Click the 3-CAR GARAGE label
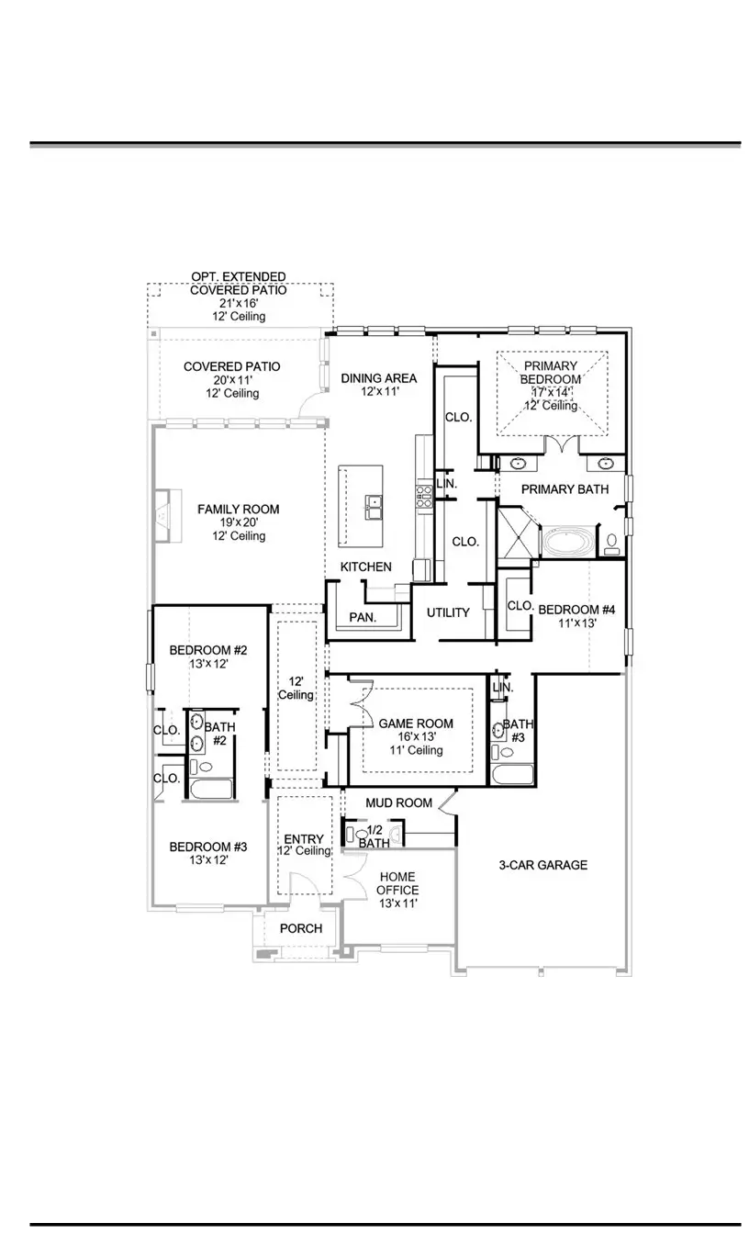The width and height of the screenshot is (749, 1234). point(543,865)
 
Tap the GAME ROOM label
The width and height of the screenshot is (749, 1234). point(417,724)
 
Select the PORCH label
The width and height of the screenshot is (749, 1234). point(301,928)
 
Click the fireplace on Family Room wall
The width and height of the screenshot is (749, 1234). point(162,518)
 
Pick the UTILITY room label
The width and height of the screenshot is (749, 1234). point(448,612)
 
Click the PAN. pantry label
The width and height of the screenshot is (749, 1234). point(363,618)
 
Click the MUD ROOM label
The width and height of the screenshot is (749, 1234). point(398,802)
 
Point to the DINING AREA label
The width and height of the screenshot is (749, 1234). point(379,377)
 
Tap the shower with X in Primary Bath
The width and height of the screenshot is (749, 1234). point(515,533)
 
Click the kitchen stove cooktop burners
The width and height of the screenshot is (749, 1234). point(425,497)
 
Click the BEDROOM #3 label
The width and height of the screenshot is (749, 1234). point(208,847)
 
